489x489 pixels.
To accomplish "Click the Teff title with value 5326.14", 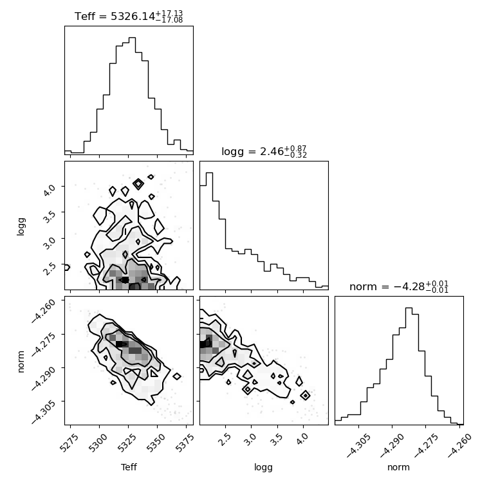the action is click(x=129, y=16).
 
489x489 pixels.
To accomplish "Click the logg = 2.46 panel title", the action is click(x=264, y=152).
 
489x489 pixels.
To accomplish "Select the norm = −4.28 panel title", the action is click(x=399, y=286).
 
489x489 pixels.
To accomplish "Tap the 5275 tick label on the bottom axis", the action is click(x=70, y=443).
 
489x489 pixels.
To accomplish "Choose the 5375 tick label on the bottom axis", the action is click(x=185, y=443).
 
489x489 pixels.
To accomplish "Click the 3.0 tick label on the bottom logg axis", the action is click(x=250, y=439).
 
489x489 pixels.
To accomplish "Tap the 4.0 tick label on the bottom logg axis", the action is click(x=302, y=439).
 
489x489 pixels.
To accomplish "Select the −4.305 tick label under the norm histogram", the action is click(x=358, y=445).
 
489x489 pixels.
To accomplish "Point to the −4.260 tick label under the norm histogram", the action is click(x=459, y=445).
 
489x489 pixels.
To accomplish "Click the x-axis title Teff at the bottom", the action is click(x=129, y=467).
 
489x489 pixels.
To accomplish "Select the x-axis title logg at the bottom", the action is click(x=264, y=468).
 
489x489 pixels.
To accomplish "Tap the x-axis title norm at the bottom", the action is click(x=398, y=467).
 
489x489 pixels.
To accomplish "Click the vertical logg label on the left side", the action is click(x=21, y=226).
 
